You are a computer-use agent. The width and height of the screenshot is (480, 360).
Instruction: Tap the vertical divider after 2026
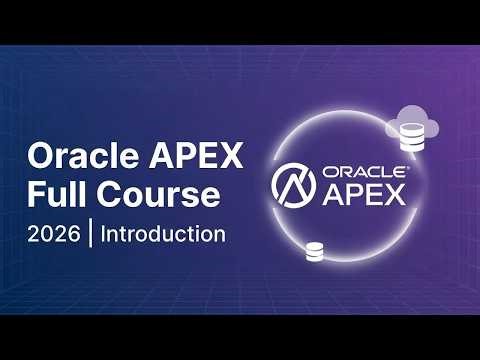coord(91,236)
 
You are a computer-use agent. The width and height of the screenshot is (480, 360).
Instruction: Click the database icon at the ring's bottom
coord(315,251)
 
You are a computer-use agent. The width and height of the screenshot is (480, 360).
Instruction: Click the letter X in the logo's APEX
coord(395,193)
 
